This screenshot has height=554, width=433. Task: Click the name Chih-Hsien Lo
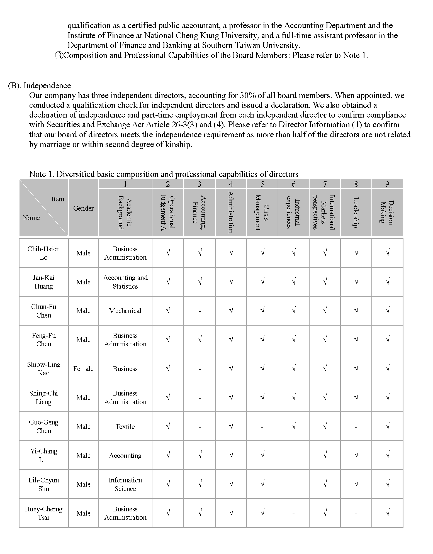pyautogui.click(x=44, y=253)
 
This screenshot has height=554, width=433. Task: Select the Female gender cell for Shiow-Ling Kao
pyautogui.click(x=83, y=368)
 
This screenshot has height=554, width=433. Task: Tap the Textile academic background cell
pyautogui.click(x=125, y=426)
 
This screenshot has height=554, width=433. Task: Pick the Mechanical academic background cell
pyautogui.click(x=125, y=311)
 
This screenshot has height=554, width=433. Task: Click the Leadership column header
pyautogui.click(x=356, y=213)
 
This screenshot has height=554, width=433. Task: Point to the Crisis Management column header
pyautogui.click(x=262, y=213)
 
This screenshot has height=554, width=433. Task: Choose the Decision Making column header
pyautogui.click(x=387, y=213)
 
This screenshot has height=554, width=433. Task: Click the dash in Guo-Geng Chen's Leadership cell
pyautogui.click(x=356, y=427)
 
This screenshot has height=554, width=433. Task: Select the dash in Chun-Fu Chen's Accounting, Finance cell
pyautogui.click(x=200, y=311)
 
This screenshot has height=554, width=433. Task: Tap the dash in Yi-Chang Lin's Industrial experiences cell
pyautogui.click(x=294, y=456)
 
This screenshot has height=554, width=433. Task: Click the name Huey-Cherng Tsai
pyautogui.click(x=44, y=513)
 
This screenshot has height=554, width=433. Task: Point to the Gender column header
pyautogui.click(x=83, y=208)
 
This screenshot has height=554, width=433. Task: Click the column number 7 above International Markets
pyautogui.click(x=325, y=184)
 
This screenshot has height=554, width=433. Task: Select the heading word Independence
pyautogui.click(x=47, y=86)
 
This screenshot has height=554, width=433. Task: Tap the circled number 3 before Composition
pyautogui.click(x=59, y=55)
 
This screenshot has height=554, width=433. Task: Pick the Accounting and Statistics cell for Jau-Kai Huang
pyautogui.click(x=125, y=282)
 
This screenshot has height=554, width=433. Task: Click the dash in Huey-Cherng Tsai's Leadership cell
pyautogui.click(x=356, y=514)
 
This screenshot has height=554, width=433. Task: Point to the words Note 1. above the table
pyautogui.click(x=42, y=174)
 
